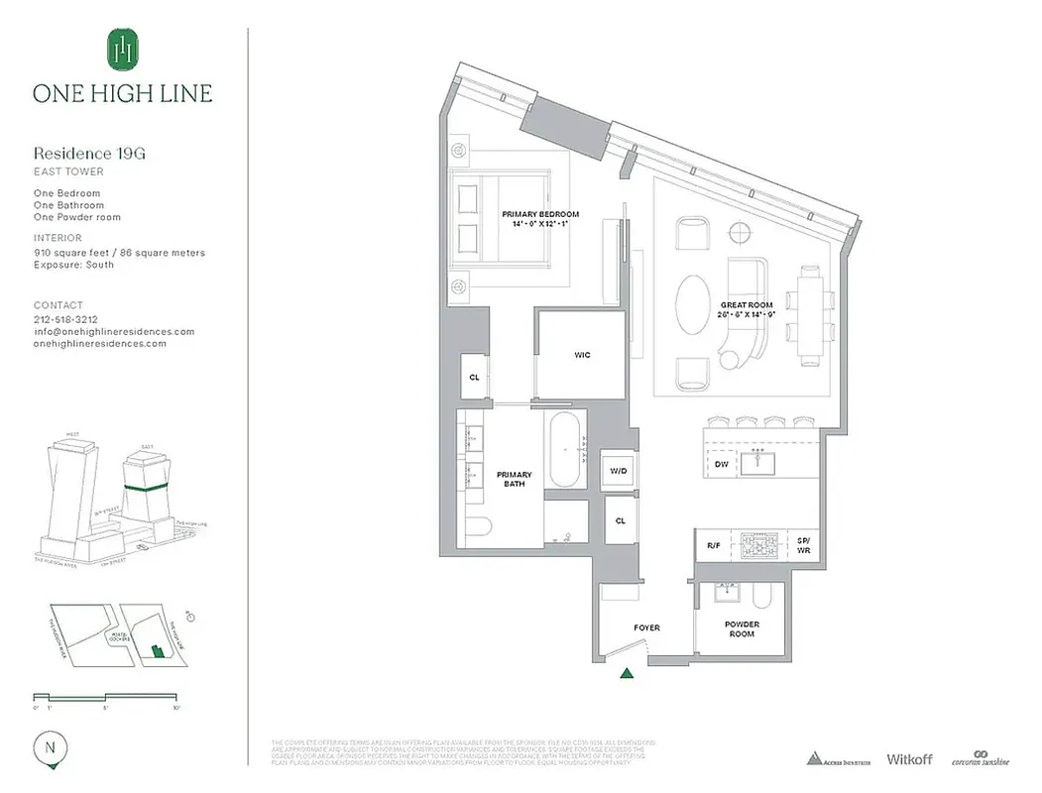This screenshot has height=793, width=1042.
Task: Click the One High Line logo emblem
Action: click(x=122, y=50)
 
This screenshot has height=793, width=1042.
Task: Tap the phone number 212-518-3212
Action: click(x=65, y=320)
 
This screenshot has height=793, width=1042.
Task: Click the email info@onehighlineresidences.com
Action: click(x=113, y=332)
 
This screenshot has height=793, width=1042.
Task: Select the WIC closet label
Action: click(x=582, y=355)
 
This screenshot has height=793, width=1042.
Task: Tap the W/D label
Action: click(x=618, y=470)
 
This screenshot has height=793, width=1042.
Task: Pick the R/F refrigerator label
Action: click(x=712, y=545)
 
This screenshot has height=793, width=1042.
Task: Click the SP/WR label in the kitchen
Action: click(x=803, y=544)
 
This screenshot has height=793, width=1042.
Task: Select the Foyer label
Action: click(x=646, y=627)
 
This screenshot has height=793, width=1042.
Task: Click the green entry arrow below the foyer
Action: click(x=627, y=675)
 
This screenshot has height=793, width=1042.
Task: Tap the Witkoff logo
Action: click(x=909, y=759)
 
